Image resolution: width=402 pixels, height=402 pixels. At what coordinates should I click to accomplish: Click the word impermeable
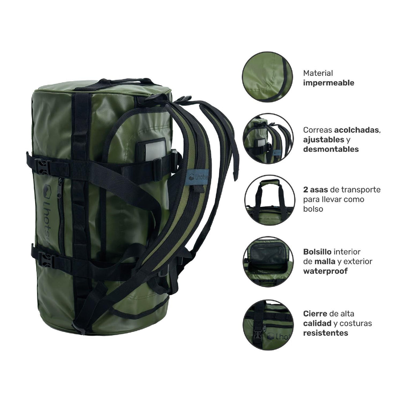pos(329,83)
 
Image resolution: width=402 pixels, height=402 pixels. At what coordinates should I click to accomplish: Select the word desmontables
pos(331,149)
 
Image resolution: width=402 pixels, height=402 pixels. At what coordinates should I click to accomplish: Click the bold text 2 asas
pos(315,190)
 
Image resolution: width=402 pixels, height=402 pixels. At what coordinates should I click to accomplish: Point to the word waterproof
pos(325,271)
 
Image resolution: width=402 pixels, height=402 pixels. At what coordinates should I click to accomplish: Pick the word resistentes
pos(325,333)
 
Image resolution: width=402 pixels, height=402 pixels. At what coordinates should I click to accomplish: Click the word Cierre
pos(315,314)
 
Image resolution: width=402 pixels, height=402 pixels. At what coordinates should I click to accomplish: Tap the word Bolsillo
pos(317,252)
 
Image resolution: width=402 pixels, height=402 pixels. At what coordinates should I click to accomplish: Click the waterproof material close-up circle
pos(267,77)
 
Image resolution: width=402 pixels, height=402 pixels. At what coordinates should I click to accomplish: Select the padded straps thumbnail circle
pos(268,139)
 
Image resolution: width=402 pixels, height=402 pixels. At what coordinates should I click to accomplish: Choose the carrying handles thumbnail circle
pos(270,200)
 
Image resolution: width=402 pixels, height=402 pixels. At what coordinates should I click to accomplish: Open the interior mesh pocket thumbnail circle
pos(268,262)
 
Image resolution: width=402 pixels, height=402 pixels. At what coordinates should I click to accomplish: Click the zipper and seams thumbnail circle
pos(268,325)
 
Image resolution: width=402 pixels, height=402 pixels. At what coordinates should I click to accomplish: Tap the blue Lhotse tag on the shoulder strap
pos(197,177)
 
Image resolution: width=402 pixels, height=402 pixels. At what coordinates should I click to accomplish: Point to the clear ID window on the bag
pos(155,150)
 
